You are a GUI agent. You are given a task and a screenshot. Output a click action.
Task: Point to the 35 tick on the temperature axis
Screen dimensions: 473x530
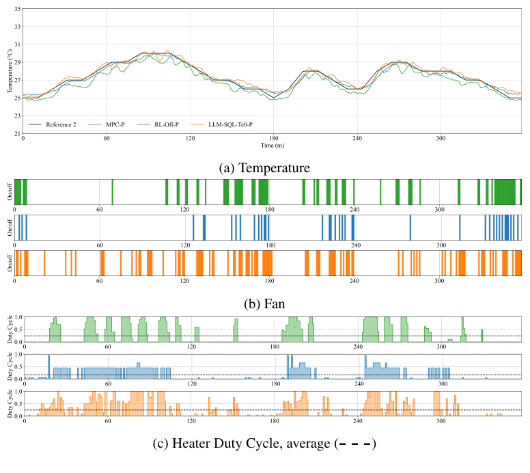pyautogui.click(x=16, y=10)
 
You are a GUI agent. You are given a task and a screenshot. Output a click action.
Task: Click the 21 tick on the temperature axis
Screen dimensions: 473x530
pyautogui.click(x=16, y=134)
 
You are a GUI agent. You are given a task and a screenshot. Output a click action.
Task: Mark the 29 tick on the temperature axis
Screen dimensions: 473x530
pyautogui.click(x=16, y=63)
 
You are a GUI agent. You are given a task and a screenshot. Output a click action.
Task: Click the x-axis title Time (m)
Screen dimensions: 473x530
pyautogui.click(x=272, y=146)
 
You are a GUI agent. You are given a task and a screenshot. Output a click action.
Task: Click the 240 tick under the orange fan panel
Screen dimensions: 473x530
pyautogui.click(x=354, y=280)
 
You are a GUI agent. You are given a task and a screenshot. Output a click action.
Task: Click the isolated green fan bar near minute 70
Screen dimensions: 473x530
pyautogui.click(x=113, y=191)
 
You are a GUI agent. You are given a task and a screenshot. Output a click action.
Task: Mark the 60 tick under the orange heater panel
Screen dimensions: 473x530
pyautogui.click(x=108, y=422)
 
